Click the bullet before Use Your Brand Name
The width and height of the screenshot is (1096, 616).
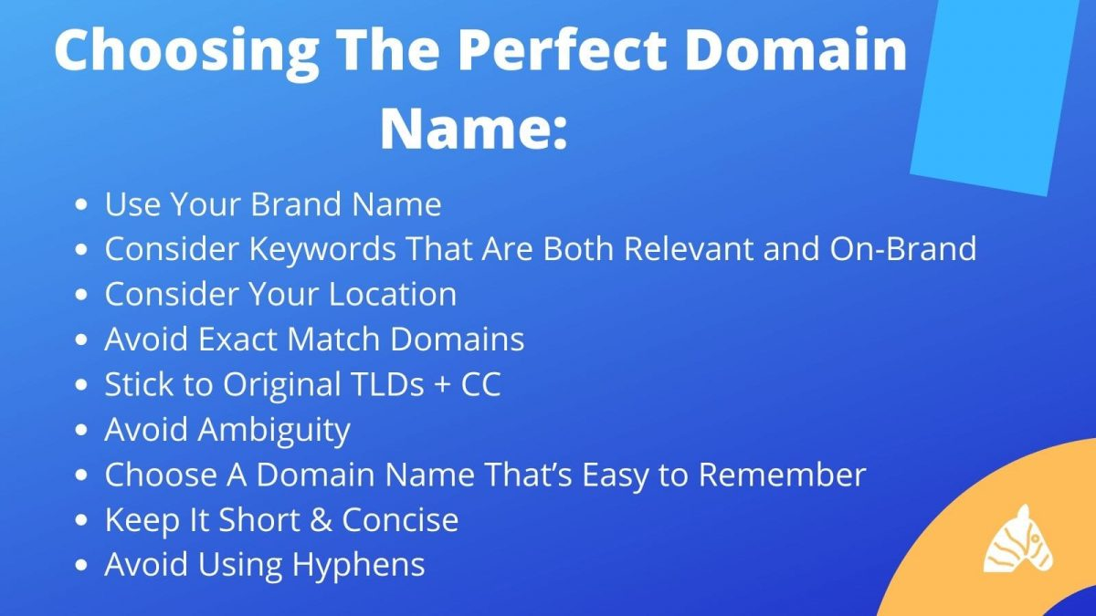pyautogui.click(x=84, y=204)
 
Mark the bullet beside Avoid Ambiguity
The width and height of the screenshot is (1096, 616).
pyautogui.click(x=84, y=430)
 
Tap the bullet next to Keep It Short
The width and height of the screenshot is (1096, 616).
pyautogui.click(x=84, y=520)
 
